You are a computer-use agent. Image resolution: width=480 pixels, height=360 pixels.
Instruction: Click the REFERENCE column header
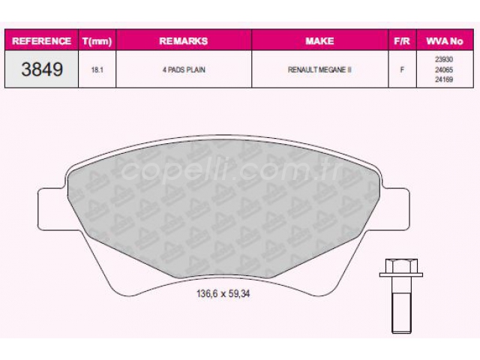42,41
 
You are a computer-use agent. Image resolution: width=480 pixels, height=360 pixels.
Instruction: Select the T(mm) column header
97,41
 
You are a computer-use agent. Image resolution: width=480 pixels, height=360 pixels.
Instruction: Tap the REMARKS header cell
183,41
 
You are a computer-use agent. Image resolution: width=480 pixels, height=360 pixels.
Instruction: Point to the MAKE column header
319,41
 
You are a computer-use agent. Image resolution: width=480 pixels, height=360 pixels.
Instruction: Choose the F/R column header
402,41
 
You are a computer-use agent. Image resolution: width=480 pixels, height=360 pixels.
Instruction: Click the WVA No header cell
445,41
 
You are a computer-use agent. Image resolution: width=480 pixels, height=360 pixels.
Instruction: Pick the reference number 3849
42,69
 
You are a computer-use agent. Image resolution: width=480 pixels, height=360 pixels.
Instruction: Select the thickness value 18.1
97,70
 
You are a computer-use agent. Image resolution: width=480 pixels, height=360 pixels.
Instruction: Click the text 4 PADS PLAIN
184,70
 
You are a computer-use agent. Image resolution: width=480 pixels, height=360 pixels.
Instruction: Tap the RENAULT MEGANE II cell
319,70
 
